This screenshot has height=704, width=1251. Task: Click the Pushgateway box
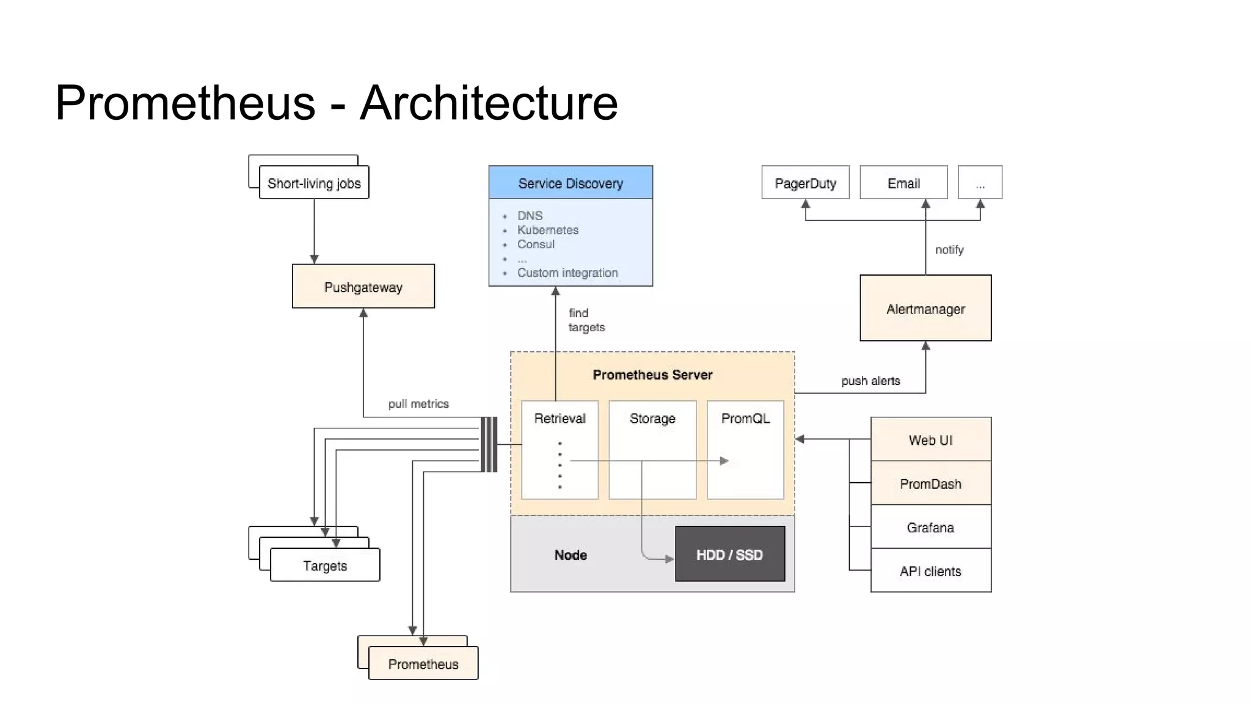click(363, 287)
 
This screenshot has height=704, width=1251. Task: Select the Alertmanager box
click(925, 309)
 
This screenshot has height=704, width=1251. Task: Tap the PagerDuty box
click(804, 183)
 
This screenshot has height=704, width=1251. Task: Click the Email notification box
click(903, 183)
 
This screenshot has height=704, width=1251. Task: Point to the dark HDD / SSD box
click(729, 554)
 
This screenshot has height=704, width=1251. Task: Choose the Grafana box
click(930, 527)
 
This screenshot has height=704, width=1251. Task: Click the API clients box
click(930, 571)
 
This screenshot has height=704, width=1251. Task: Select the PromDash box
click(930, 483)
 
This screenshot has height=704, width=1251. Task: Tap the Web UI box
click(930, 439)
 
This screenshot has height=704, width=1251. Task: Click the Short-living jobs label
click(314, 183)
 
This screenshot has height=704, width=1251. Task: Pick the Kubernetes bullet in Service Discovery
click(547, 230)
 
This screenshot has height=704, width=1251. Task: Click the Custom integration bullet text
click(567, 273)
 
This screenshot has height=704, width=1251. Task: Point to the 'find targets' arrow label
click(586, 320)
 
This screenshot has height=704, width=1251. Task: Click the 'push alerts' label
click(870, 381)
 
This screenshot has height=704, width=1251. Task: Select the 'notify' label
click(949, 249)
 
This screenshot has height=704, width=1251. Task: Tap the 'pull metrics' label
click(418, 403)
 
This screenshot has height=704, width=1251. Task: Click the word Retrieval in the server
click(559, 418)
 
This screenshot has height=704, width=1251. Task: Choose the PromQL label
click(745, 418)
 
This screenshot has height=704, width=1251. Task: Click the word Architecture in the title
click(489, 102)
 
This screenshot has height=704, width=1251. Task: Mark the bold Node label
click(570, 554)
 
